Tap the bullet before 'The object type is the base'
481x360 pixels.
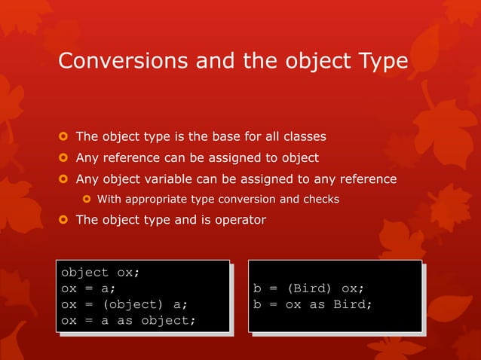64,137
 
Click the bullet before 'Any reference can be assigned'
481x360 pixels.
64,158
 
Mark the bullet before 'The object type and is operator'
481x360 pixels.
64,220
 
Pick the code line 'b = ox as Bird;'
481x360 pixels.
313,304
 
